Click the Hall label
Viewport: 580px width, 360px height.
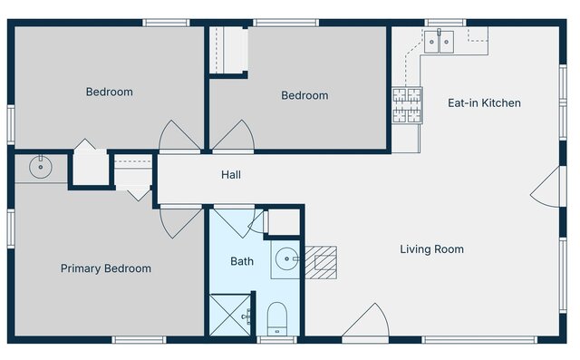231,175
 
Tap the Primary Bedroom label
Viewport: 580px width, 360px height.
106,268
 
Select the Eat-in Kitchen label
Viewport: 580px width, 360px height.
484,102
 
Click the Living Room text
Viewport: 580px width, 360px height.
431,249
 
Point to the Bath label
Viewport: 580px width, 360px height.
242,261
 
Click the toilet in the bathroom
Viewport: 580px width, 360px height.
277,319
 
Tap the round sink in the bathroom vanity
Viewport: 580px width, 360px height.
287,259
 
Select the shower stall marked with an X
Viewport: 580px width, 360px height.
230,315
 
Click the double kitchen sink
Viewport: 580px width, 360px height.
439,42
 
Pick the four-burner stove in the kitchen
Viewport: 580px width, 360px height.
407,105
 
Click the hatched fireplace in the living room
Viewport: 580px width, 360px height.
320,262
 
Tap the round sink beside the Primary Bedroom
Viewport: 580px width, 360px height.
40,167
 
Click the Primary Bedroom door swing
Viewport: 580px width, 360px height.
177,221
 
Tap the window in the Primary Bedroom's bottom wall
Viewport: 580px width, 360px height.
139,340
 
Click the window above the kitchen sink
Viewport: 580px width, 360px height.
445,23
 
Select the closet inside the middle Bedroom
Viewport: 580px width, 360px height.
228,50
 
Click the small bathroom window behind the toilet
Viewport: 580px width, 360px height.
277,340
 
